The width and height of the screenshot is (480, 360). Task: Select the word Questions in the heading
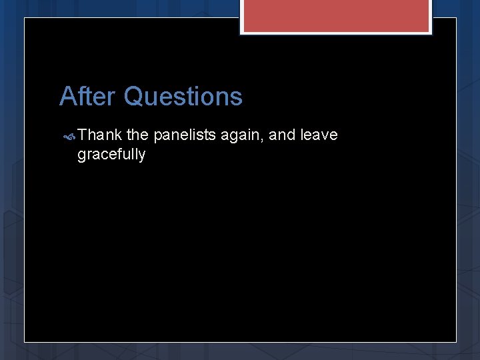183,97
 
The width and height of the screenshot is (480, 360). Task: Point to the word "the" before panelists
137,135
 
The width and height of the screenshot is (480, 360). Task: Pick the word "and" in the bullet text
283,135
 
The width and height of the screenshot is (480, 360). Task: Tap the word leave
319,135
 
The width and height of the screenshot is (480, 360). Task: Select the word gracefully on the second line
111,155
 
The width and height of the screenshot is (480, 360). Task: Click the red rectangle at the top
336,15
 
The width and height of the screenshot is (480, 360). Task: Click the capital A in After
67,97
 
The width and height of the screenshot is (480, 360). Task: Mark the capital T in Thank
82,135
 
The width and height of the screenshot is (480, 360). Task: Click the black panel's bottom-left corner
25,341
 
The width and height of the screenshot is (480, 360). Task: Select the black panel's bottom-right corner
455,341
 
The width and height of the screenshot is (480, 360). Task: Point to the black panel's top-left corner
25,19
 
